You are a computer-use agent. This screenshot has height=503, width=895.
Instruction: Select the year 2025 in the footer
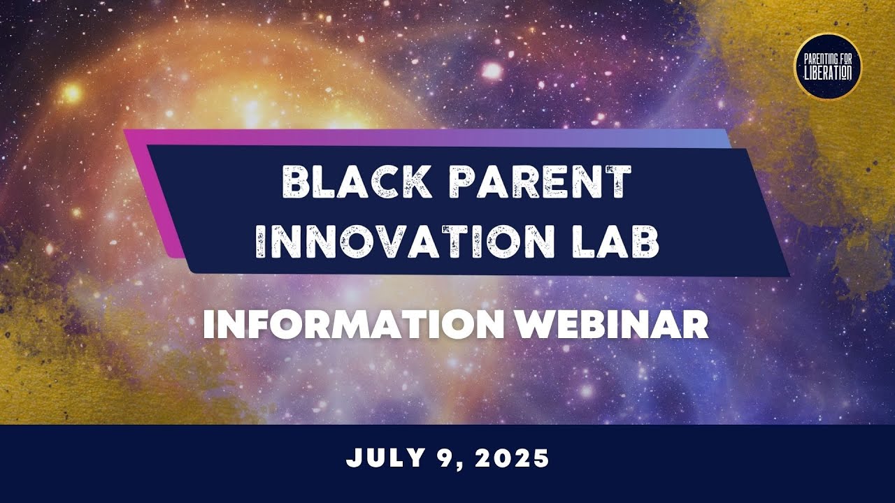click(514, 459)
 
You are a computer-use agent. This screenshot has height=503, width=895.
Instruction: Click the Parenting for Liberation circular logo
click(828, 67)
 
